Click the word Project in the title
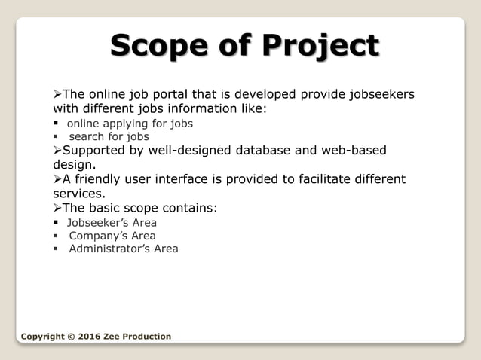(320, 47)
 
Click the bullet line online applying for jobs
(130, 123)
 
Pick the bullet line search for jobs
(109, 136)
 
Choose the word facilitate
(309, 179)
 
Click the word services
(79, 193)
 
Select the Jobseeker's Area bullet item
(112, 222)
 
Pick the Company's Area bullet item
(112, 236)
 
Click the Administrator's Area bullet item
(124, 249)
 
